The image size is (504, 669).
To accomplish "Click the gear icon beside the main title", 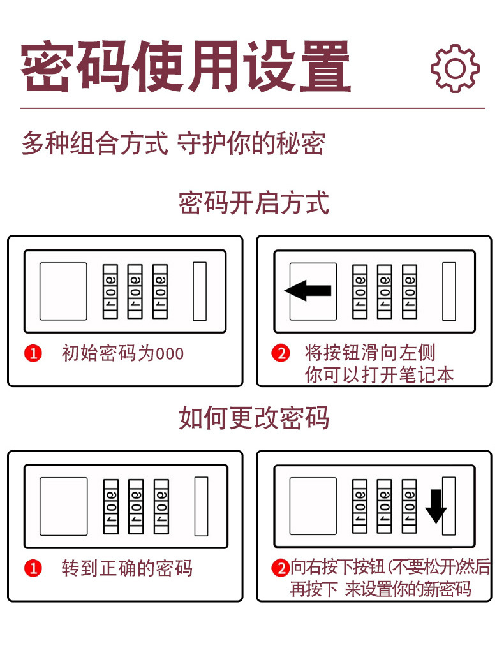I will pyautogui.click(x=454, y=68).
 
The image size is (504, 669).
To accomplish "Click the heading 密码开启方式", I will pyautogui.click(x=253, y=203).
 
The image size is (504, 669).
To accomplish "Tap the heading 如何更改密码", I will pyautogui.click(x=253, y=418).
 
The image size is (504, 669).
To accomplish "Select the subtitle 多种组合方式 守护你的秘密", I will pyautogui.click(x=173, y=143).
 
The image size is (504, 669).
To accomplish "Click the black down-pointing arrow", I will pyautogui.click(x=436, y=506).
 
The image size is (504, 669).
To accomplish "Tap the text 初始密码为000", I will pyautogui.click(x=122, y=353).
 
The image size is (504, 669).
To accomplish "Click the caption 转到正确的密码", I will pyautogui.click(x=126, y=568).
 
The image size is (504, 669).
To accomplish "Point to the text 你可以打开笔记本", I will pyautogui.click(x=379, y=374).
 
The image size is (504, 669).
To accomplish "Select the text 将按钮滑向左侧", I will pyautogui.click(x=370, y=353).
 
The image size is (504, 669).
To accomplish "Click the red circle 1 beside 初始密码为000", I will pyautogui.click(x=33, y=353).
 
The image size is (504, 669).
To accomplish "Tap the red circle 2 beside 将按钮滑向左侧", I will pyautogui.click(x=281, y=353).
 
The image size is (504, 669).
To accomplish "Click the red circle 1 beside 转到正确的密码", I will pyautogui.click(x=33, y=568).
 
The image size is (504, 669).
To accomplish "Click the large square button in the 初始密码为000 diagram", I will pyautogui.click(x=63, y=291).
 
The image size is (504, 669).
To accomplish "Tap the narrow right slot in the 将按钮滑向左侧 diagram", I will pyautogui.click(x=449, y=291).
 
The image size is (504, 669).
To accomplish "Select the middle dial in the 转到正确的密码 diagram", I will pyautogui.click(x=136, y=506).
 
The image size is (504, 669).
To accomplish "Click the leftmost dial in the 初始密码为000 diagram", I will pyautogui.click(x=111, y=291).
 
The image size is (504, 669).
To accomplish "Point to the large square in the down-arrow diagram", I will pyautogui.click(x=313, y=506).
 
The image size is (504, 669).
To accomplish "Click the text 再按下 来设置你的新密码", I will pyautogui.click(x=380, y=589).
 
